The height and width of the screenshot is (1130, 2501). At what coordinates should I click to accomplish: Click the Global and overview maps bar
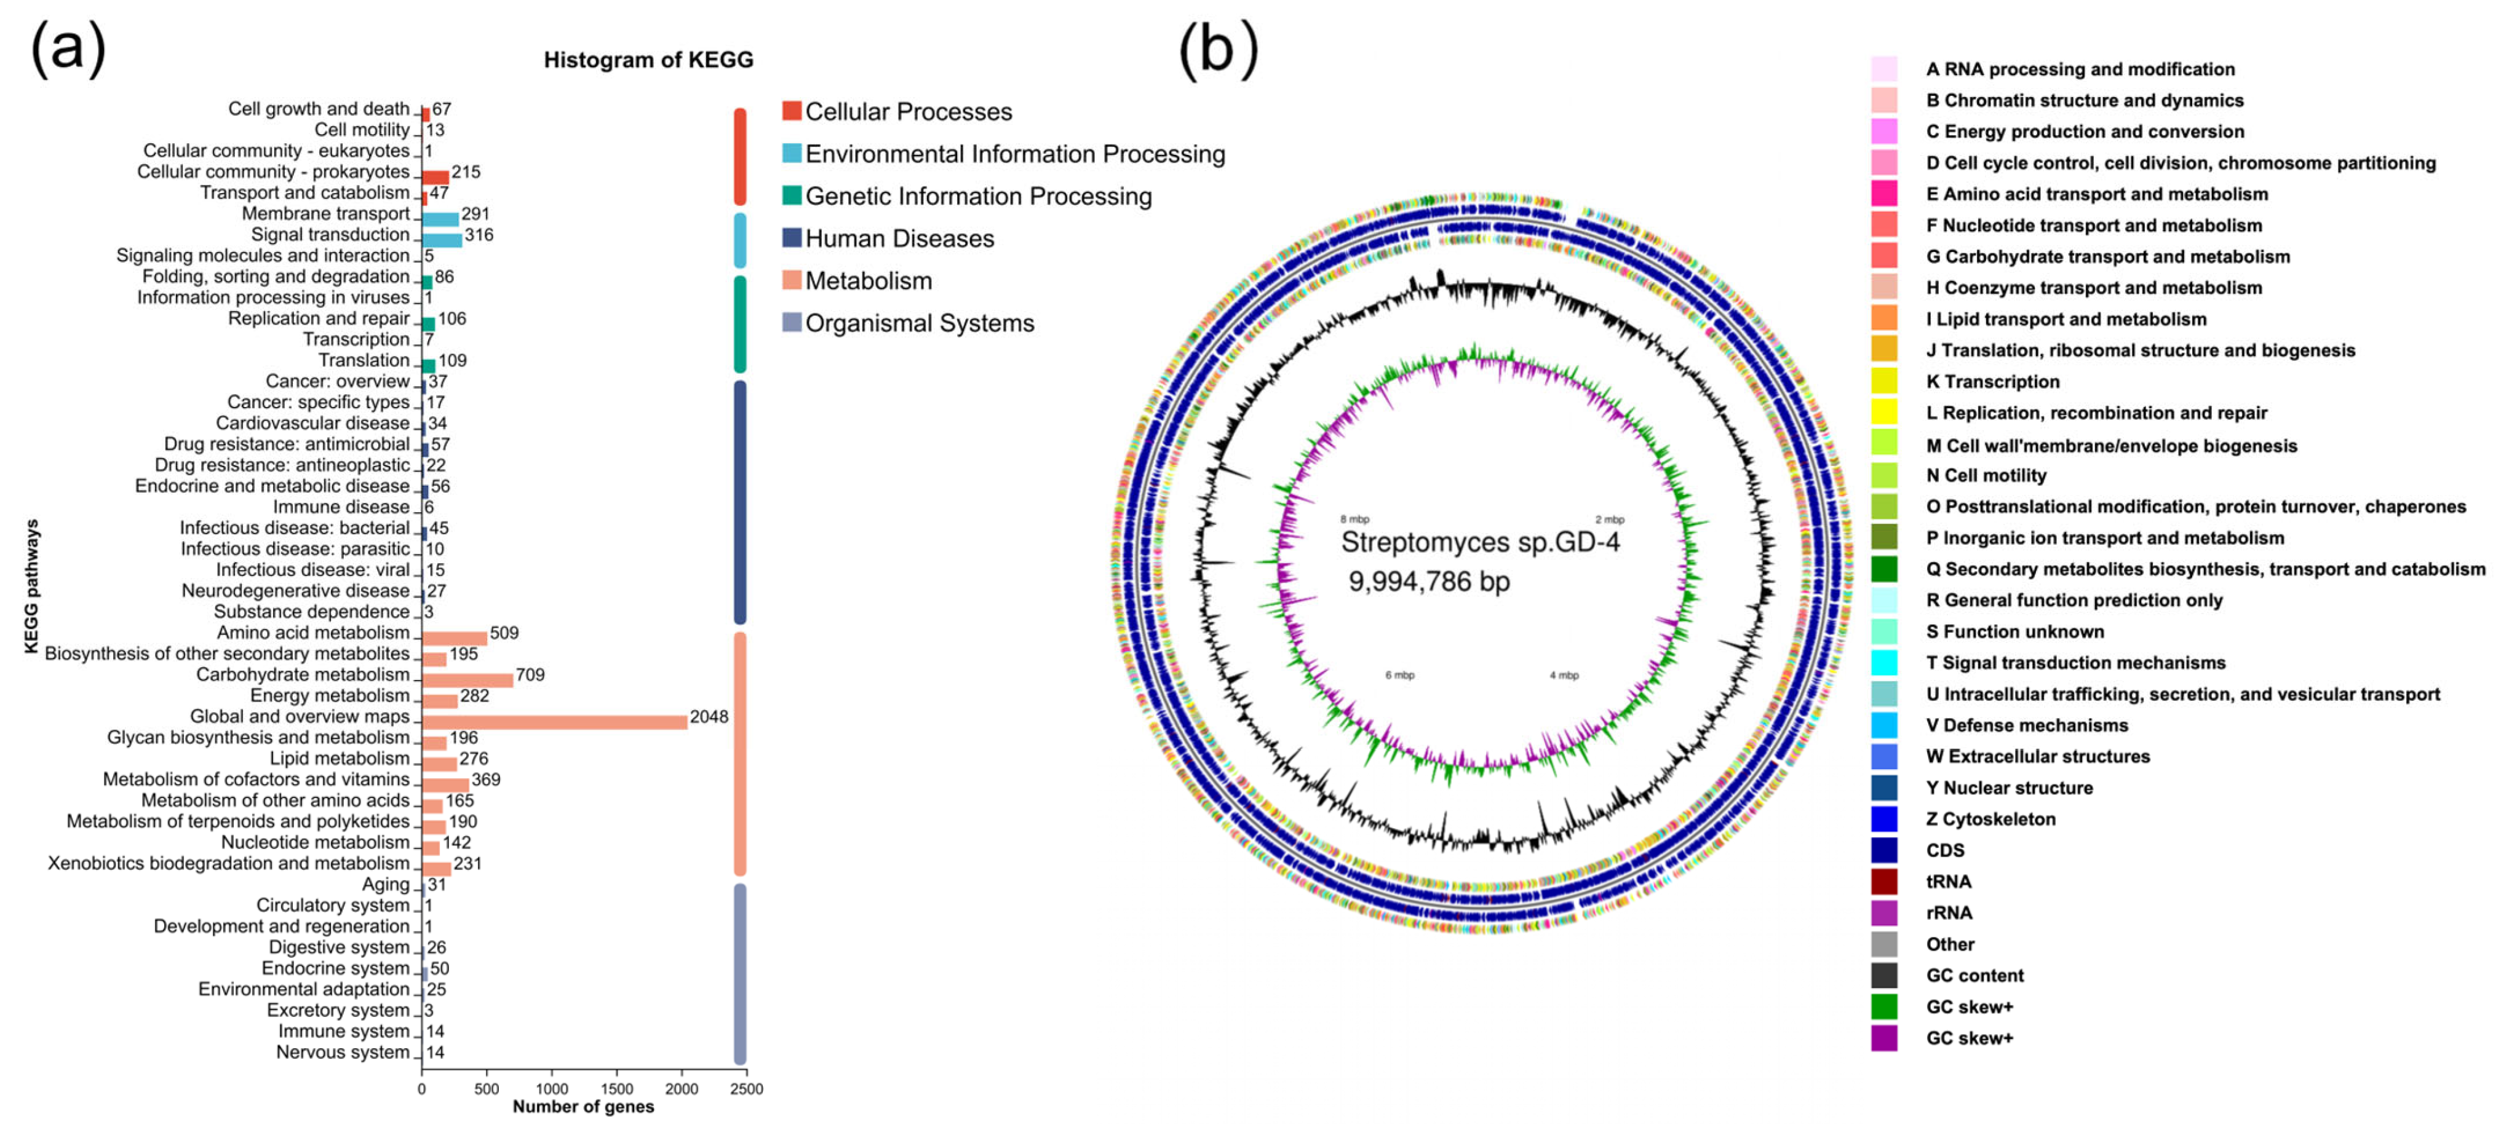point(554,722)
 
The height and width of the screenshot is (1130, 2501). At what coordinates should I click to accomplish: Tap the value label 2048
point(709,716)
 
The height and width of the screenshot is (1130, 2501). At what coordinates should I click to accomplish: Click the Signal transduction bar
point(442,240)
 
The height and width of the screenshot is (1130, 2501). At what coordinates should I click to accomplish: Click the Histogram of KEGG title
point(648,60)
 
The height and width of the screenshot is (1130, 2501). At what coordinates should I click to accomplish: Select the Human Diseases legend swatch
point(791,238)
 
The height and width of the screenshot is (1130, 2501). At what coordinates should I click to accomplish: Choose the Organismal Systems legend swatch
point(791,322)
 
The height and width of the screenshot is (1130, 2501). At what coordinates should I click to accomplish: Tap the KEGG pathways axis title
point(32,585)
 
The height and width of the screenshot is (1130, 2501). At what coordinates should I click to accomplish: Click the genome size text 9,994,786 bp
point(1428,582)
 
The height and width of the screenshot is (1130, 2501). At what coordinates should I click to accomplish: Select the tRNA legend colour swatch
point(1883,882)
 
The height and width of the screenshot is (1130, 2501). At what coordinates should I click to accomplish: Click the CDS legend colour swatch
point(1883,850)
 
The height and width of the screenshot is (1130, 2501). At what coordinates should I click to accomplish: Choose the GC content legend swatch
point(1883,976)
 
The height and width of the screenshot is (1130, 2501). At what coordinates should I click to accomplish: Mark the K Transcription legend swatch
point(1883,382)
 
